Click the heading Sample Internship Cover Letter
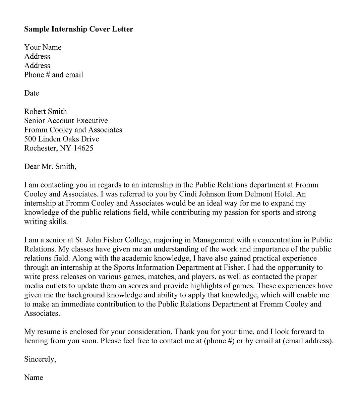tap(78, 29)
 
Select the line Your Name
tap(43, 47)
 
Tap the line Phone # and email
tap(53, 75)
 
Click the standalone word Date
tap(32, 93)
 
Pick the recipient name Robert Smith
tap(45, 112)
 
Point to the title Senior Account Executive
tap(66, 121)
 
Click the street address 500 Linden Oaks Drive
tap(61, 139)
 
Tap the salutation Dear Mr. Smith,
tap(50, 167)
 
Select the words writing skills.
tap(46, 222)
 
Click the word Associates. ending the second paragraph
tap(42, 313)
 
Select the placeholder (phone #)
tap(219, 341)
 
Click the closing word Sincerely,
tap(40, 359)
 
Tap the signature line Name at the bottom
tap(34, 378)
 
